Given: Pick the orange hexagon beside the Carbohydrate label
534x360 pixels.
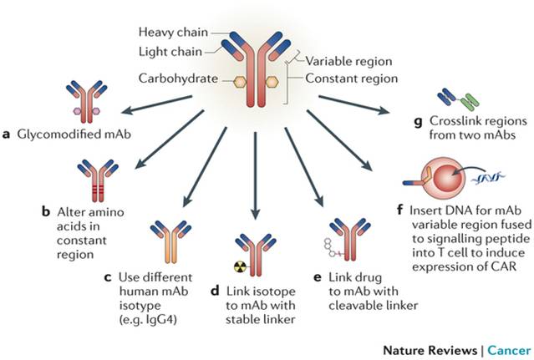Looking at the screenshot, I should pos(216,81).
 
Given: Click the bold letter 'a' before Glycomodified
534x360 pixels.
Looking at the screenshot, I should pos(8,133).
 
